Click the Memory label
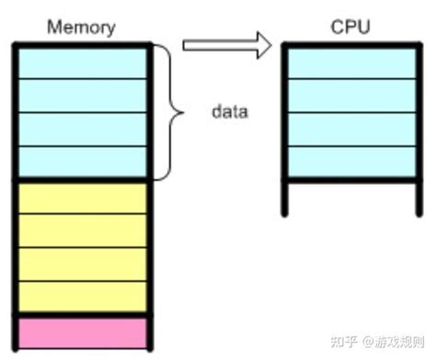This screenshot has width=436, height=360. [83, 28]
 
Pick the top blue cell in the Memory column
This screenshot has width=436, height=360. [83, 62]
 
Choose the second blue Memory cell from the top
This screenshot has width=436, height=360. [83, 95]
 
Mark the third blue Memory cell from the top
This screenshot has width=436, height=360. [83, 129]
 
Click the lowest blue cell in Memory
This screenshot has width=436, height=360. [83, 162]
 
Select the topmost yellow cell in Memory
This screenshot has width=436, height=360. [83, 197]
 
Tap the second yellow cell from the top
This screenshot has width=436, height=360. [83, 230]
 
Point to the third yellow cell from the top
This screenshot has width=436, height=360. [83, 263]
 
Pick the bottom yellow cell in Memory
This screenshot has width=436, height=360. [83, 296]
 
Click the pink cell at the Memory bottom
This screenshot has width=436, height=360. [83, 332]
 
